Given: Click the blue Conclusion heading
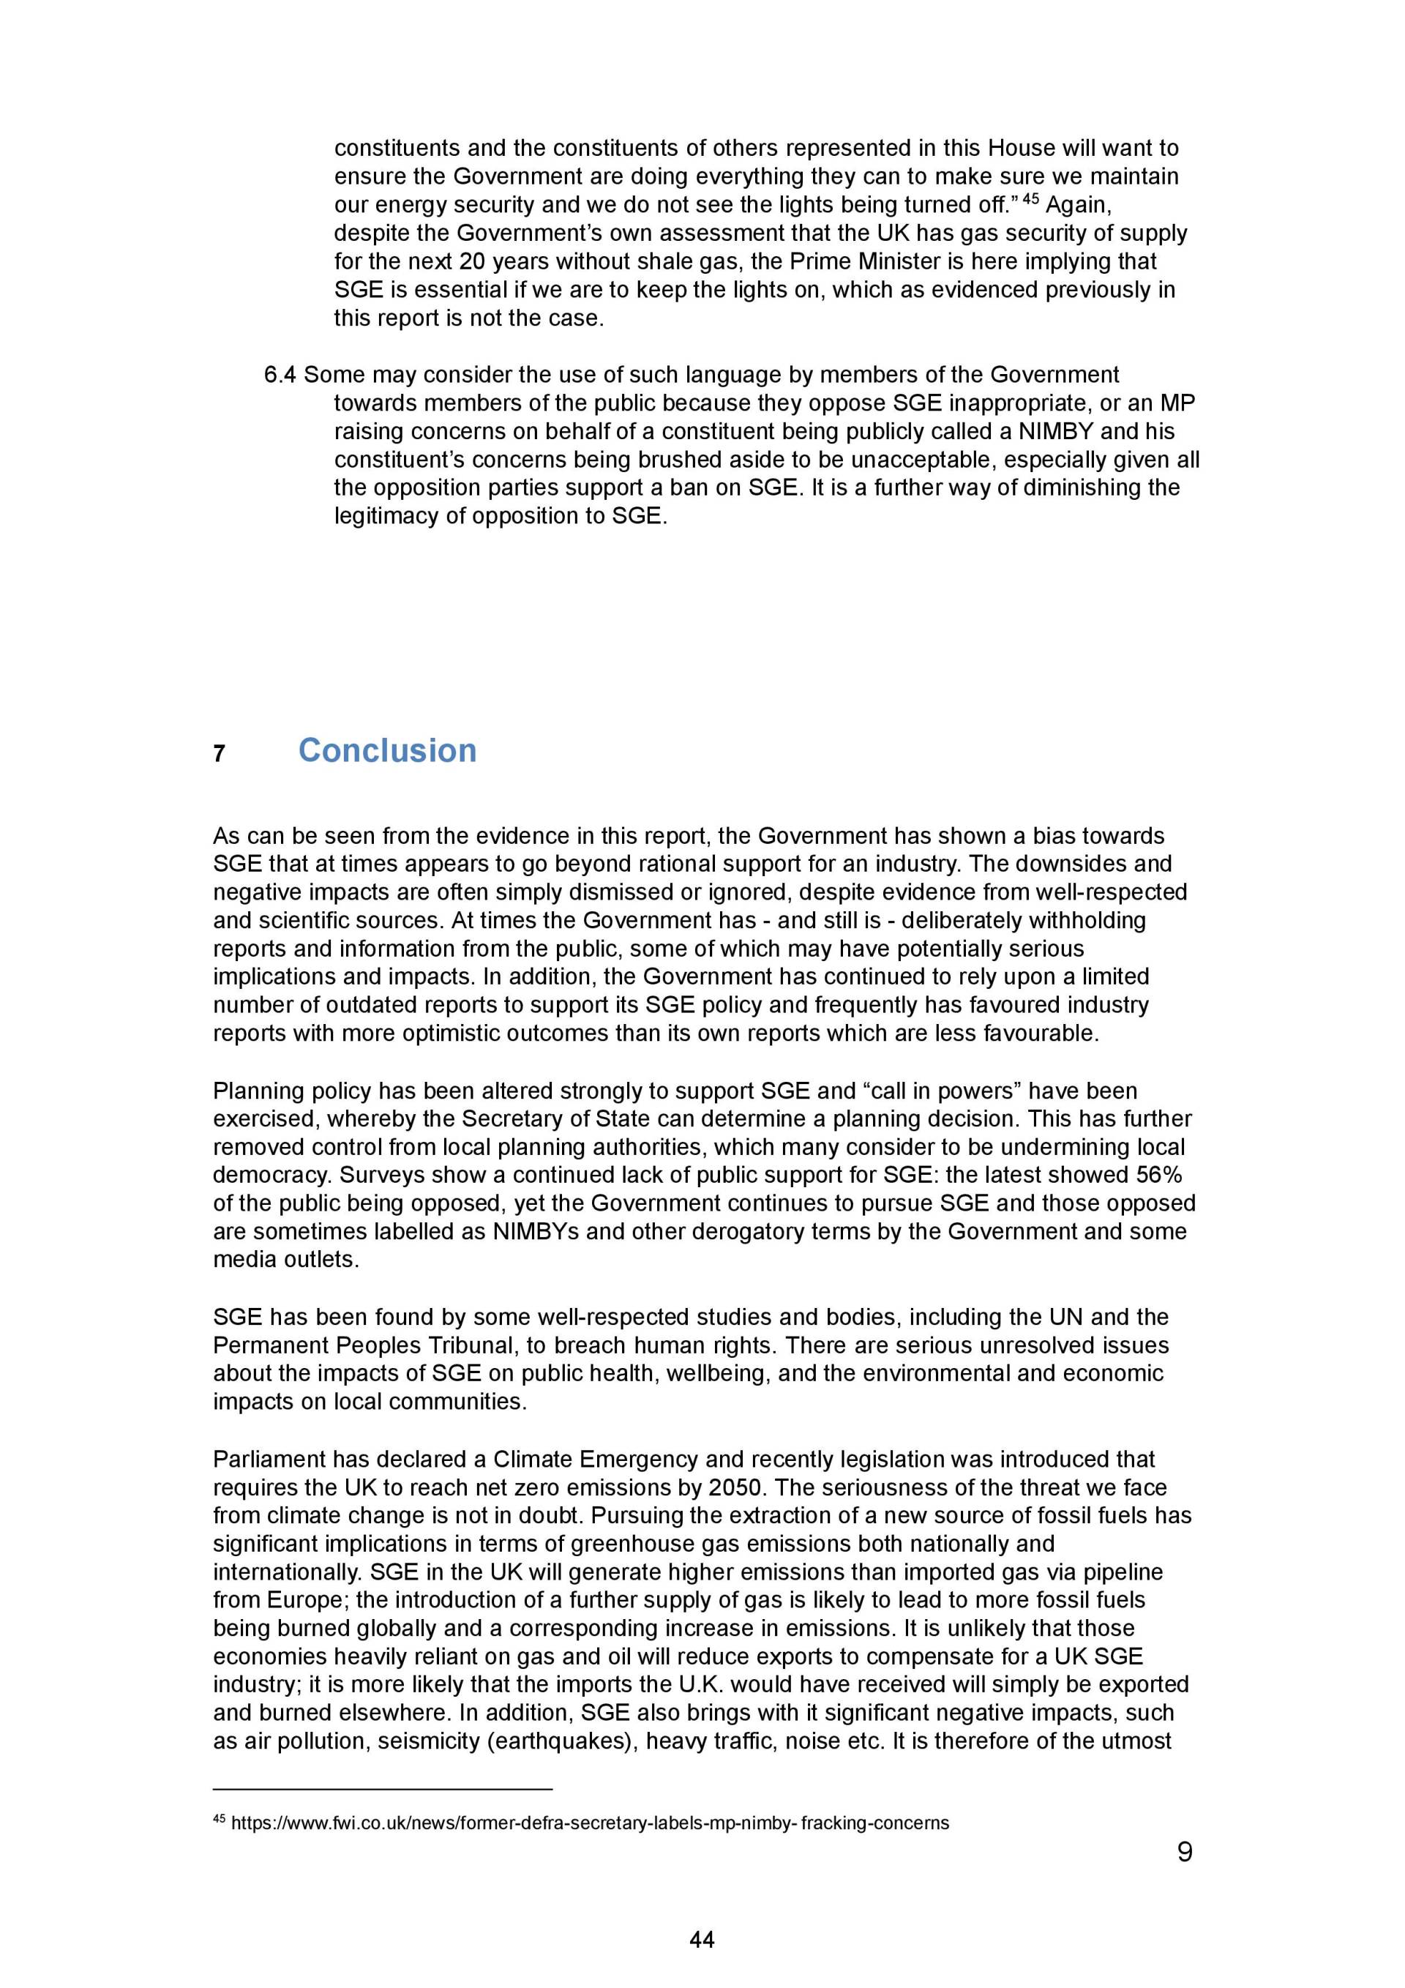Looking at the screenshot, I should pyautogui.click(x=387, y=751).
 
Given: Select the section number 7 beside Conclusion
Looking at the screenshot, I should pyautogui.click(x=219, y=754).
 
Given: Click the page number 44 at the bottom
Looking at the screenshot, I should pyautogui.click(x=701, y=1940).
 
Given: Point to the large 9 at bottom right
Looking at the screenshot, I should pyautogui.click(x=1184, y=1852).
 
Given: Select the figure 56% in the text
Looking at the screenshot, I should pyautogui.click(x=1159, y=1175).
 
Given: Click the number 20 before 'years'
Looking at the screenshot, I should pyautogui.click(x=472, y=261).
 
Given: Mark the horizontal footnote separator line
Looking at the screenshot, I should pyautogui.click(x=382, y=1789).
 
